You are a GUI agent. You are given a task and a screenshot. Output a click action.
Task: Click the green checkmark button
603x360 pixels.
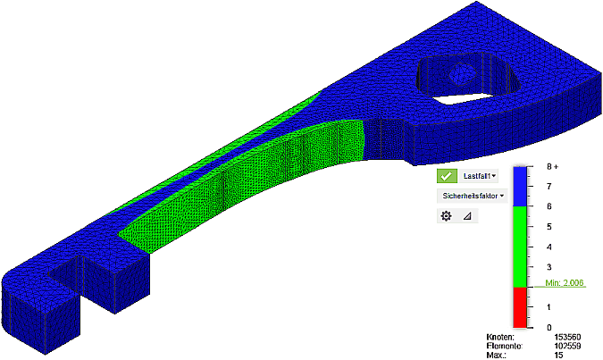pos(448,177)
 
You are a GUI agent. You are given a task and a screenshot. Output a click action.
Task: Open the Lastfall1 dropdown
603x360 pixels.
pos(480,177)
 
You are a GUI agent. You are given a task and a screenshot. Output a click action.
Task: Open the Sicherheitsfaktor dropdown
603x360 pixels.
pos(472,195)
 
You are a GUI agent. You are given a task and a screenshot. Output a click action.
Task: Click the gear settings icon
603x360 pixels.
pos(447,215)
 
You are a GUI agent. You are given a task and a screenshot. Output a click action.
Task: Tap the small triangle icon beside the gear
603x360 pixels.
pos(466,215)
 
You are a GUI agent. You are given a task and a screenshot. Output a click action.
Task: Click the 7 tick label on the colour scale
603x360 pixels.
pos(549,186)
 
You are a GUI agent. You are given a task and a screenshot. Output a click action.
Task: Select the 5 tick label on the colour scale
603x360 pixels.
pos(549,227)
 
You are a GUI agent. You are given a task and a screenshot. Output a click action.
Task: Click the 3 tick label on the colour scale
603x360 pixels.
pos(549,267)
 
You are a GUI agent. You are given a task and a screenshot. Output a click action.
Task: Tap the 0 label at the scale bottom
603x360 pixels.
pos(549,328)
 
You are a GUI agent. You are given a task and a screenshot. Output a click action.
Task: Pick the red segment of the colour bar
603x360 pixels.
pos(523,307)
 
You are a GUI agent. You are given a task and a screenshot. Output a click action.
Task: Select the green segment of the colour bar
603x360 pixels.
pos(523,247)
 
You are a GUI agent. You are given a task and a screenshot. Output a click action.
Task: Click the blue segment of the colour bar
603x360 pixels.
pos(523,186)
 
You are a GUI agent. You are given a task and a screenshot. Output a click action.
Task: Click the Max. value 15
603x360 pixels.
pos(560,356)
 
